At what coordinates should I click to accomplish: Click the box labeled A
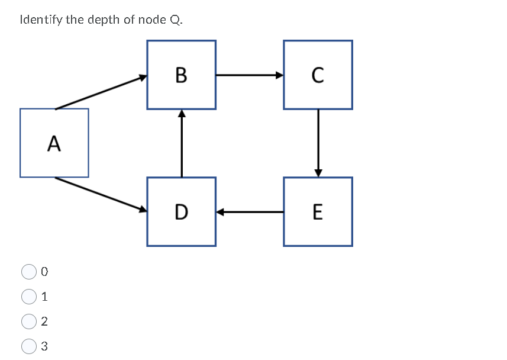(54, 143)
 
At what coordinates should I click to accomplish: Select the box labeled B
(181, 75)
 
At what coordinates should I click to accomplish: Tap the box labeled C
(318, 75)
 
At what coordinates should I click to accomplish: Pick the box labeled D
(181, 211)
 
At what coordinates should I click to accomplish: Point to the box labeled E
(318, 211)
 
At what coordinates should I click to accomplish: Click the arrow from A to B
(101, 92)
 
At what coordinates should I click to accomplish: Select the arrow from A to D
(101, 194)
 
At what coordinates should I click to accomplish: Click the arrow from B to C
(249, 75)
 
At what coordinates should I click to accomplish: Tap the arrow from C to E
(318, 142)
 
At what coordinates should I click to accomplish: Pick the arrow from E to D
(249, 211)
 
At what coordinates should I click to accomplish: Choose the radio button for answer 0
(29, 272)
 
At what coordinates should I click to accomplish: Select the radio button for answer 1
(29, 296)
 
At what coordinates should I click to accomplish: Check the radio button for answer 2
(29, 322)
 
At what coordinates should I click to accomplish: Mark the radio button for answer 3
(29, 346)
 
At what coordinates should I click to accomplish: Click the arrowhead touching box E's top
(318, 173)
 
